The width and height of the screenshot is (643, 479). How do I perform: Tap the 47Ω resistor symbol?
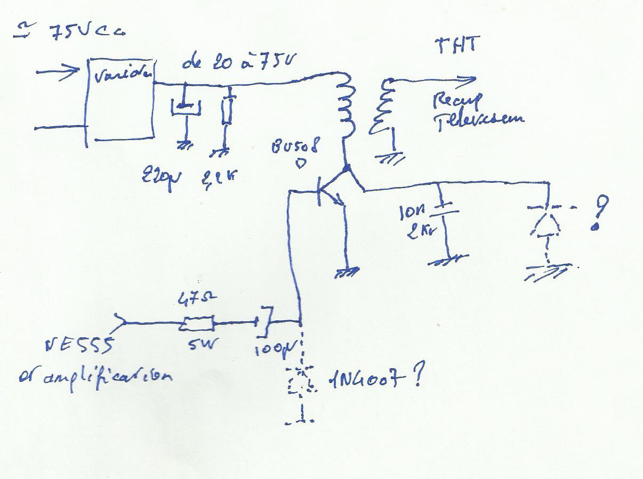(x=198, y=323)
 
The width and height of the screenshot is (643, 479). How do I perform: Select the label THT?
(x=457, y=45)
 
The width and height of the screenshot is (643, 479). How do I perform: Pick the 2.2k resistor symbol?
(x=228, y=111)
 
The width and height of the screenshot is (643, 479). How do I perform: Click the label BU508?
(x=294, y=147)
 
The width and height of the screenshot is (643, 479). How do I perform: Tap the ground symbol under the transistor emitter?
(x=346, y=272)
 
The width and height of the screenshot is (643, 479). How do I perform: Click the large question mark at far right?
(x=600, y=212)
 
